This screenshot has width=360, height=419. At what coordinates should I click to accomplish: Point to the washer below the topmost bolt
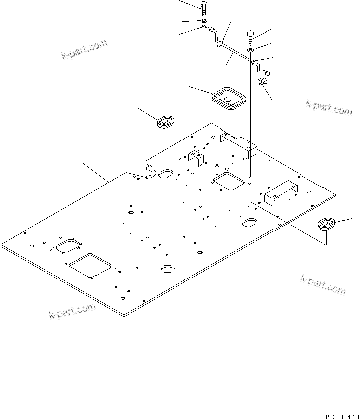click(204, 21)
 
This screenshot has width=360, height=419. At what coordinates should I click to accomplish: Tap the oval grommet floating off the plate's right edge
click(327, 224)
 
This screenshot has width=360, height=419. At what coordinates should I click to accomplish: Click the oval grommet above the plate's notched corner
click(165, 121)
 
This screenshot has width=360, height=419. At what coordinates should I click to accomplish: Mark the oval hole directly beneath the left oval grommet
click(165, 174)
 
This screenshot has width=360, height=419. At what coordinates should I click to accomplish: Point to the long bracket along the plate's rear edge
click(239, 143)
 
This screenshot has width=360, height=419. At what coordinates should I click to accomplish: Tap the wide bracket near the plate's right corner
click(281, 191)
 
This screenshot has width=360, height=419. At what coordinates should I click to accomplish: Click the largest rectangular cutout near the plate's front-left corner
click(91, 265)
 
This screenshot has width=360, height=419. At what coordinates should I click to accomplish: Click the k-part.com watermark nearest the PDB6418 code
click(323, 284)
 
